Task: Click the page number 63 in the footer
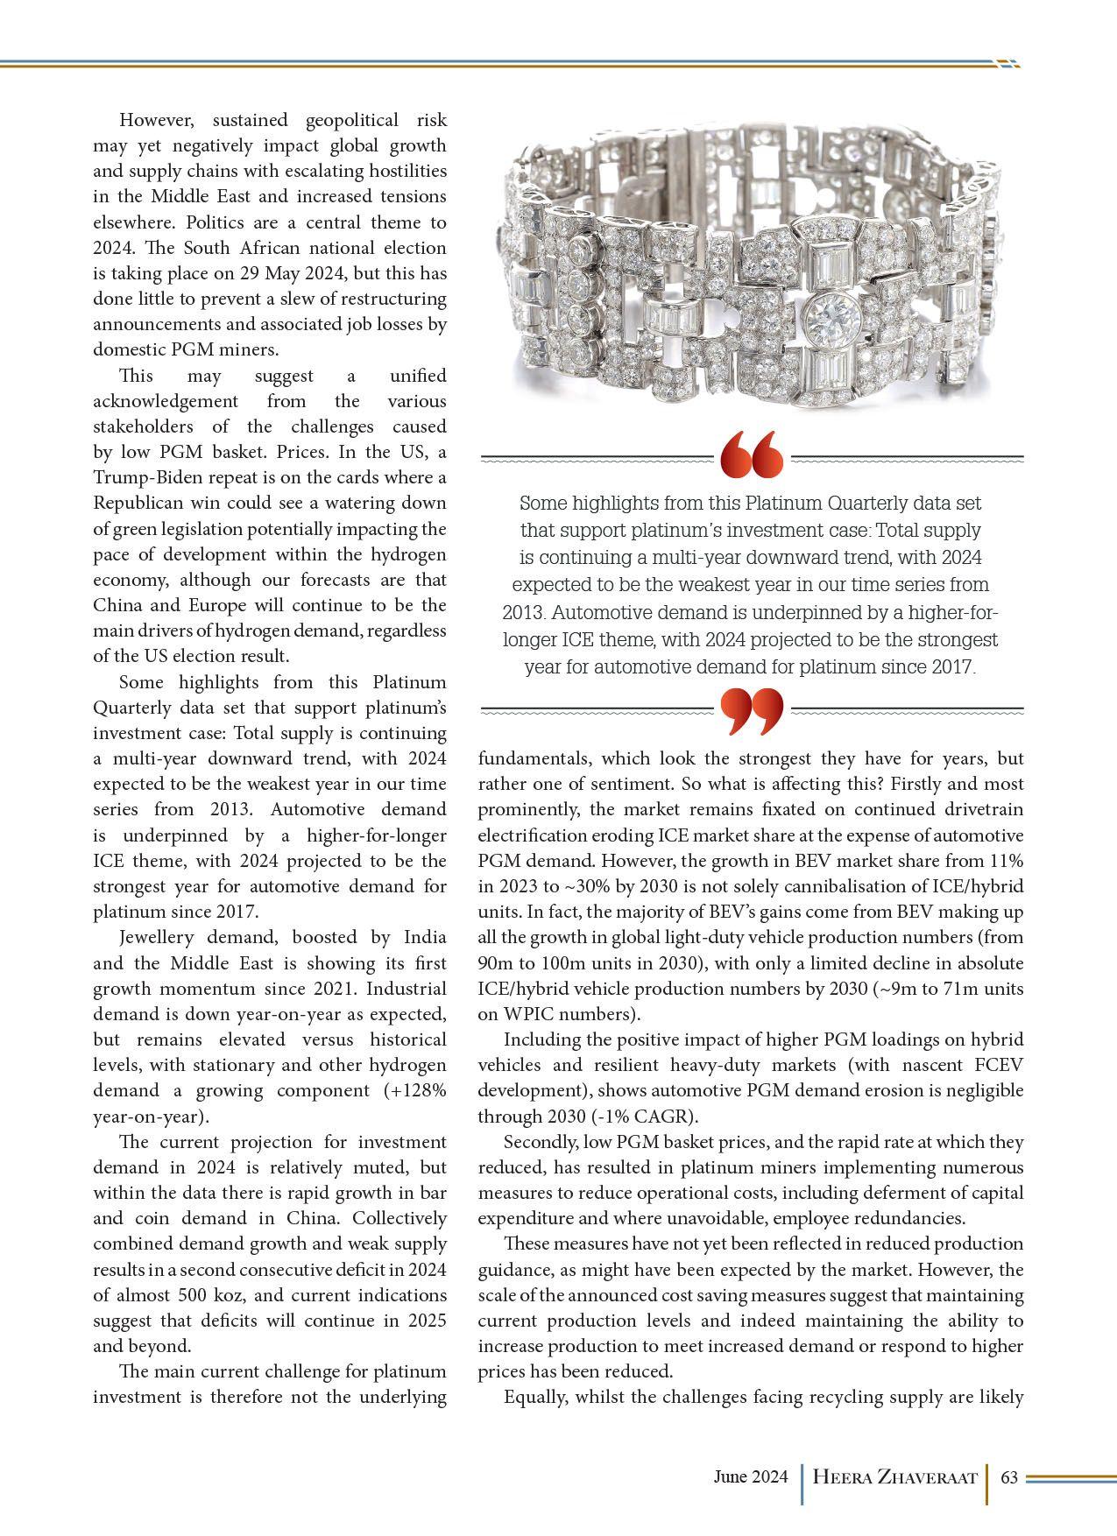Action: click(1008, 1477)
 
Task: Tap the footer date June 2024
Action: click(750, 1477)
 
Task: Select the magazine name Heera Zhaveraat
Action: click(894, 1478)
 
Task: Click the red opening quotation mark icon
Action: click(751, 455)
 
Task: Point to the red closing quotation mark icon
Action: click(751, 710)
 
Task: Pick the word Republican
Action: click(148, 503)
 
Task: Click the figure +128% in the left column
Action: click(415, 1090)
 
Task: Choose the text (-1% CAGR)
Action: click(651, 1117)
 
